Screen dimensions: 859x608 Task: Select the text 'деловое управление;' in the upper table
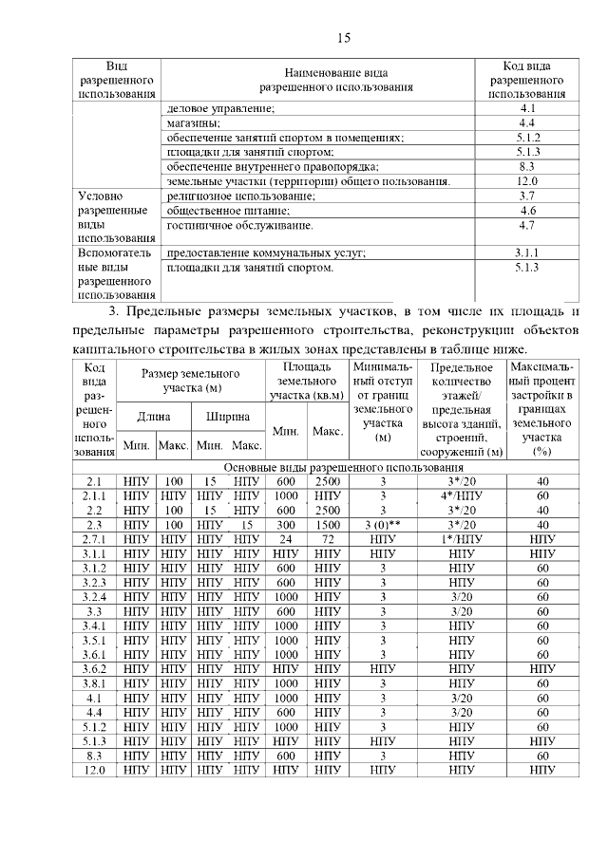pyautogui.click(x=220, y=109)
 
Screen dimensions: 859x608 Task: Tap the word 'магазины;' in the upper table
pyautogui.click(x=194, y=123)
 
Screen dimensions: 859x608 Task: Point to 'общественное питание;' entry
pyautogui.click(x=228, y=210)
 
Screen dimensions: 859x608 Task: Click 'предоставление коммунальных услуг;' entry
pyautogui.click(x=266, y=253)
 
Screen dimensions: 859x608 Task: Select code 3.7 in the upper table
pyautogui.click(x=527, y=196)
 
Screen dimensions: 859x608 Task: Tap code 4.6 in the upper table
pyautogui.click(x=527, y=210)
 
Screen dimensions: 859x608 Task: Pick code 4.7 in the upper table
pyautogui.click(x=527, y=225)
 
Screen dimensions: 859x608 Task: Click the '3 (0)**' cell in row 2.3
pyautogui.click(x=383, y=525)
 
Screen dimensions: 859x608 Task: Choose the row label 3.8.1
pyautogui.click(x=93, y=683)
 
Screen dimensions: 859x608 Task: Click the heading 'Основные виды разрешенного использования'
pyautogui.click(x=343, y=468)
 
